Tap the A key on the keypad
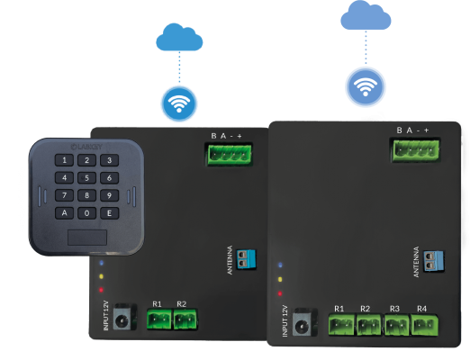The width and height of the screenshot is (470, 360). (x=65, y=213)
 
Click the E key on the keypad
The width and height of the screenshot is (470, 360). (x=108, y=212)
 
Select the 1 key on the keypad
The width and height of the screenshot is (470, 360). (x=66, y=161)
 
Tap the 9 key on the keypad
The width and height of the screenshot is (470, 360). (x=108, y=194)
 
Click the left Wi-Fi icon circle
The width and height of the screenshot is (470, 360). (x=179, y=103)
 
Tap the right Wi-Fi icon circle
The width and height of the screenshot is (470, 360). (x=364, y=87)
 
